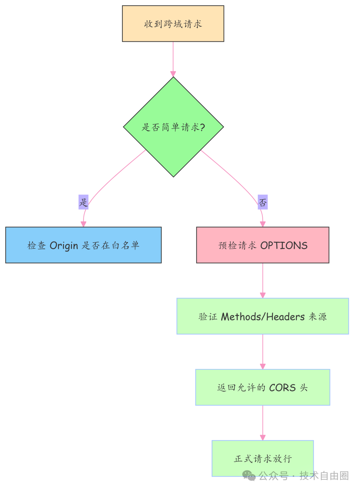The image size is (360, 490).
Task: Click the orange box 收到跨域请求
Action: (x=173, y=24)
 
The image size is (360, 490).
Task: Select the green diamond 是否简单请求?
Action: (x=173, y=127)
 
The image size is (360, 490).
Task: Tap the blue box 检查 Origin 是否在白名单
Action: (x=83, y=245)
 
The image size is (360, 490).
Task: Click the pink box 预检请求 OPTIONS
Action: (x=263, y=245)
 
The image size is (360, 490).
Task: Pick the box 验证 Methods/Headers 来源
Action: (x=263, y=316)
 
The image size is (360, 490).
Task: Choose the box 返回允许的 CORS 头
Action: (x=263, y=387)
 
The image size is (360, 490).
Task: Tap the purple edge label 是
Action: (x=83, y=202)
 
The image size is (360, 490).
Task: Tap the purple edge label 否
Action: (x=263, y=202)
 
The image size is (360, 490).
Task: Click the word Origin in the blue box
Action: (x=64, y=246)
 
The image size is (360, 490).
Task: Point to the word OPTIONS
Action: (x=284, y=245)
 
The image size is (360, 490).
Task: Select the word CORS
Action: (x=282, y=387)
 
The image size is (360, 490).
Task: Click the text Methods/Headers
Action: (x=263, y=316)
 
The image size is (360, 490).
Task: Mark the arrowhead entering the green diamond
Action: (x=173, y=74)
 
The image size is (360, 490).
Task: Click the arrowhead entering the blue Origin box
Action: (x=83, y=224)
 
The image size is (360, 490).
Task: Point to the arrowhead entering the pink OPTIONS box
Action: (x=263, y=224)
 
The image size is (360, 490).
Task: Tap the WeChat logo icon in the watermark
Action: (x=249, y=476)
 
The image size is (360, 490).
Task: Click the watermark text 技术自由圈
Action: (x=324, y=476)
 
